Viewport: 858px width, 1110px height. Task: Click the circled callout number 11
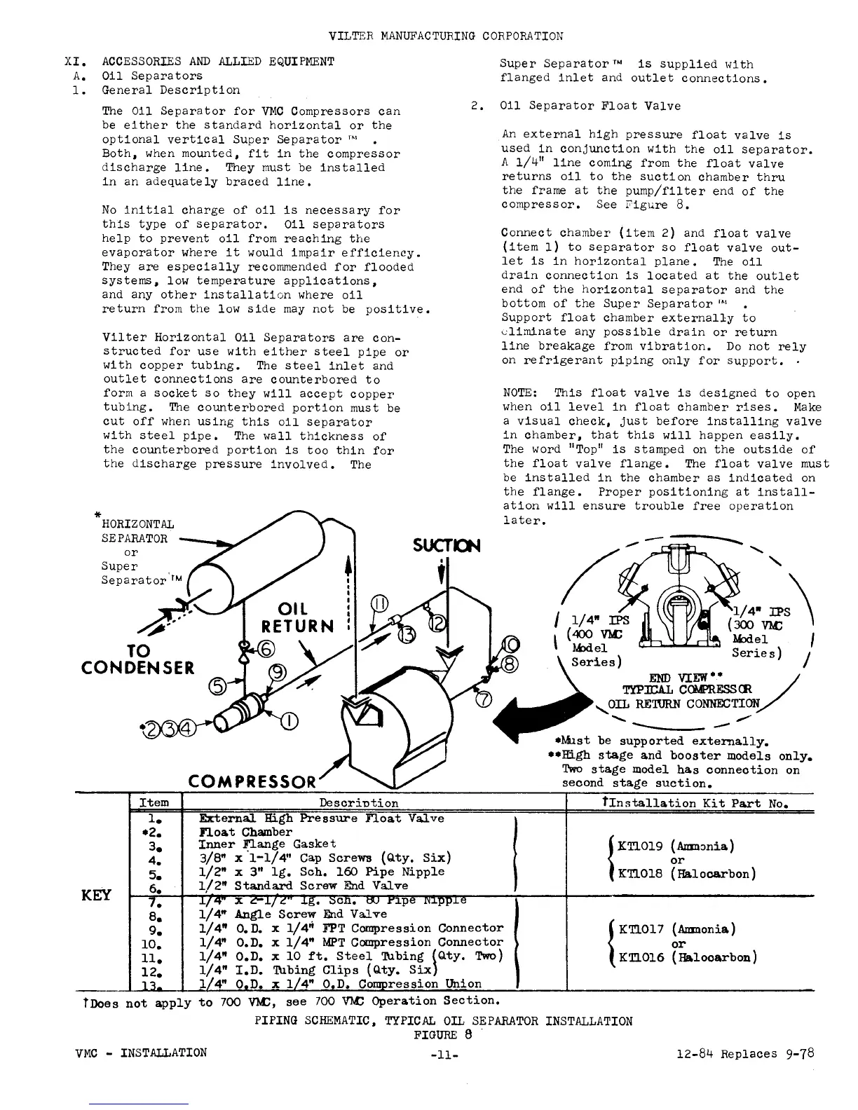[379, 603]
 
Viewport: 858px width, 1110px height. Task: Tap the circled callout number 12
[437, 622]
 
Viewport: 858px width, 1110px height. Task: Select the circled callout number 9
[278, 673]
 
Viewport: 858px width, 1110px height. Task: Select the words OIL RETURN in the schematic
[297, 617]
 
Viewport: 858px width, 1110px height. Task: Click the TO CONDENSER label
[138, 659]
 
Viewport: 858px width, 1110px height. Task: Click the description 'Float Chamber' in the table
[245, 832]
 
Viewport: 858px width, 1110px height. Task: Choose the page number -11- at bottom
[446, 1055]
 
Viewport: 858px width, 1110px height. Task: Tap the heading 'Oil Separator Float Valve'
[590, 106]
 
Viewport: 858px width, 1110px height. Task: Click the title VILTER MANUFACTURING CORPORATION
[445, 36]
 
